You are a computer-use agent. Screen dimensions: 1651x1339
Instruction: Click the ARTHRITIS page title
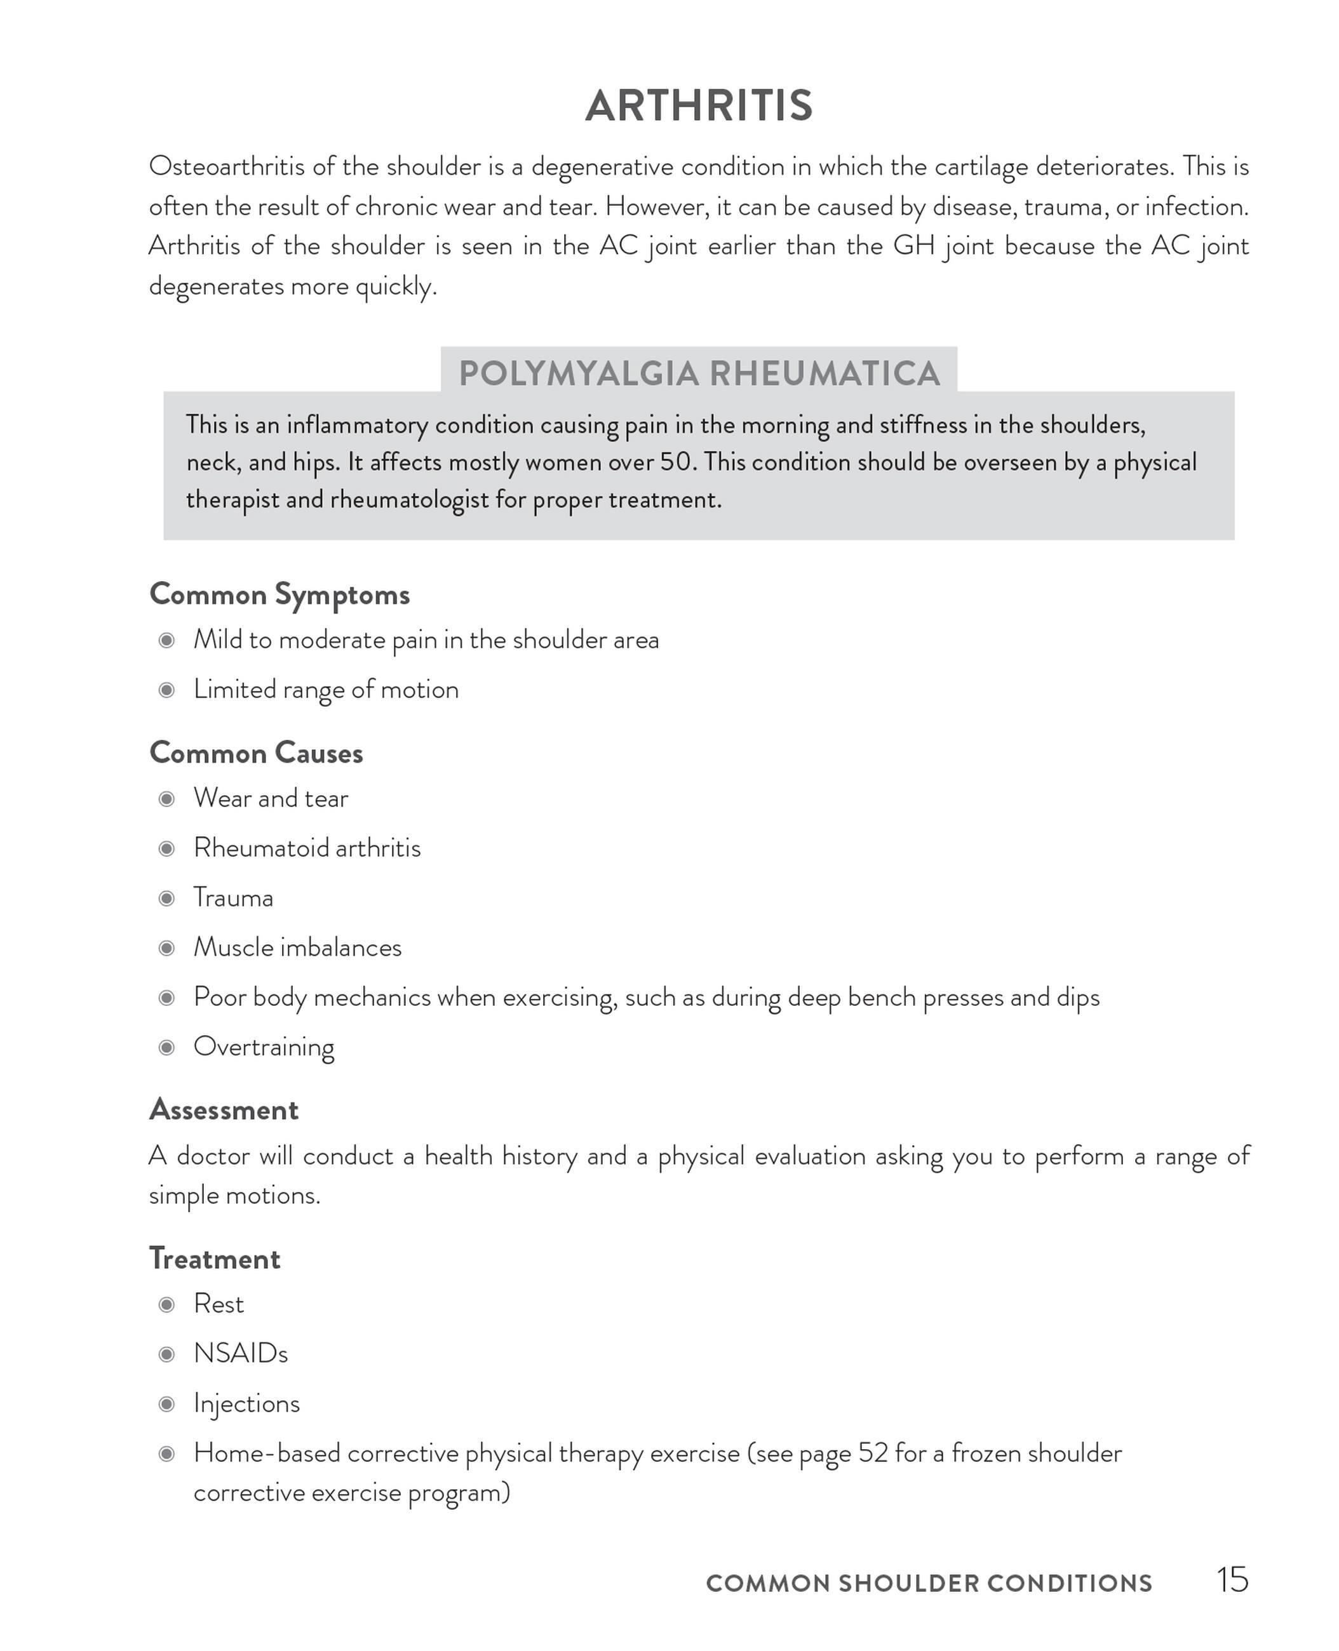(x=699, y=105)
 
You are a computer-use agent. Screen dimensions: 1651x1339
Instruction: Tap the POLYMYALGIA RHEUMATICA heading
(x=699, y=374)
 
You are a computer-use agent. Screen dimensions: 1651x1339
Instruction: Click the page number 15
(x=1232, y=1580)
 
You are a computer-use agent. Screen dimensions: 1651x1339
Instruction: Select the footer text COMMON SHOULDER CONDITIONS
(x=929, y=1583)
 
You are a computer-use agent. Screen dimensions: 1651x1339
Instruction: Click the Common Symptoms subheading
(x=279, y=594)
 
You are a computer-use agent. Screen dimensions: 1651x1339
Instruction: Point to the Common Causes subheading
(x=256, y=752)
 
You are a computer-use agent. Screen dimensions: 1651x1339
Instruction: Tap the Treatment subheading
(x=215, y=1259)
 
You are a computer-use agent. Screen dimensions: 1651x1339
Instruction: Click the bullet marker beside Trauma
(x=166, y=899)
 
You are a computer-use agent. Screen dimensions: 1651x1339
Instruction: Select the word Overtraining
(x=264, y=1047)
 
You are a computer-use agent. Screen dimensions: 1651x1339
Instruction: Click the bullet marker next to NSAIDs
(x=166, y=1354)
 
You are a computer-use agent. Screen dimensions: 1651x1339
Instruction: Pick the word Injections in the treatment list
(x=247, y=1403)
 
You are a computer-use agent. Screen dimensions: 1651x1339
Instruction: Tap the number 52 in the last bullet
(x=873, y=1454)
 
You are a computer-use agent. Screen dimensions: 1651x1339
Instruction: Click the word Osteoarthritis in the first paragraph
(x=227, y=166)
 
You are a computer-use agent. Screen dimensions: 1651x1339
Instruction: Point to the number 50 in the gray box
(x=676, y=462)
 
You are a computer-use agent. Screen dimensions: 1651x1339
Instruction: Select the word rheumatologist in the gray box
(x=409, y=500)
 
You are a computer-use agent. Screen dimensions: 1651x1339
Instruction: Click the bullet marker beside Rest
(x=166, y=1304)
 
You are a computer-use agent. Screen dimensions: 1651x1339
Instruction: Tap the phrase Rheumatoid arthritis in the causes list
(x=307, y=848)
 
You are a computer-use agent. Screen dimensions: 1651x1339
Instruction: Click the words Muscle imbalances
(x=298, y=947)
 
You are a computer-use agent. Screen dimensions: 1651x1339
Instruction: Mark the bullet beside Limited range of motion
(x=166, y=690)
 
